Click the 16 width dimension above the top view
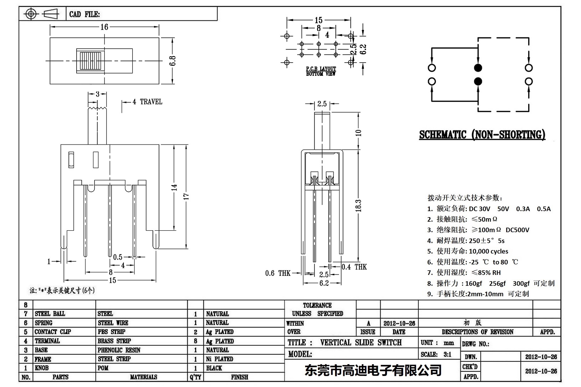tap(104, 27)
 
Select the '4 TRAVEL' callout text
tap(147, 102)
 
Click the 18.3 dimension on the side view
tap(359, 206)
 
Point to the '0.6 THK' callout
tap(278, 273)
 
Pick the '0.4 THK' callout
tap(354, 267)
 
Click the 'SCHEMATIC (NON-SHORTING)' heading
tap(482, 135)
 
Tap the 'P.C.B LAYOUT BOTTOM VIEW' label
tap(321, 71)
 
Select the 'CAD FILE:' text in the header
tap(84, 14)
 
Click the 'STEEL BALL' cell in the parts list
tap(50, 314)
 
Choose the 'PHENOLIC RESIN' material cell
tap(119, 350)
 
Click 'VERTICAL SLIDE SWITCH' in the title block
tap(361, 342)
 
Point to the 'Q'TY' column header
tap(195, 377)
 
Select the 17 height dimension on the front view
tap(186, 196)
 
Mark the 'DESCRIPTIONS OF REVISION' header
tap(477, 332)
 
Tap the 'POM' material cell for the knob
tap(103, 368)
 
